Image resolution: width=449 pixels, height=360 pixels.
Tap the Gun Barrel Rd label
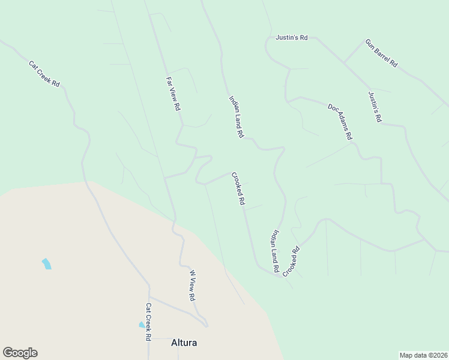pyautogui.click(x=382, y=53)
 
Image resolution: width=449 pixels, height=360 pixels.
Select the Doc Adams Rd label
pyautogui.click(x=340, y=121)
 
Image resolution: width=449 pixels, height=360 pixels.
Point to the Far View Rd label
pyautogui.click(x=173, y=94)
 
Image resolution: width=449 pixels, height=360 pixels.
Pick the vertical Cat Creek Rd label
pyautogui.click(x=147, y=322)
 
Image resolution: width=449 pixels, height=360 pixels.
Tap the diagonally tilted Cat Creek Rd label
pyautogui.click(x=44, y=74)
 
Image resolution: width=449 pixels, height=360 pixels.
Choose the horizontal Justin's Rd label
pyautogui.click(x=292, y=37)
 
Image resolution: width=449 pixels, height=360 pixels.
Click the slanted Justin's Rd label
pyautogui.click(x=375, y=107)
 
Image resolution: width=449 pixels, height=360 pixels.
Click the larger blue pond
pyautogui.click(x=46, y=263)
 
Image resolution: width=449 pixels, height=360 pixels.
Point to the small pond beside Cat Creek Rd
pyautogui.click(x=142, y=325)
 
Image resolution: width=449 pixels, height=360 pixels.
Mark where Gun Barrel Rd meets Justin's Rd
pyautogui.click(x=343, y=62)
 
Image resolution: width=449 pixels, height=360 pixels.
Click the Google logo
pyautogui.click(x=20, y=353)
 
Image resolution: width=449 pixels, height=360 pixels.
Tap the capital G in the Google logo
pyautogui.click(x=7, y=353)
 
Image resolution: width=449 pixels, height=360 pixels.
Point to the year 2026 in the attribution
pyautogui.click(x=438, y=355)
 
